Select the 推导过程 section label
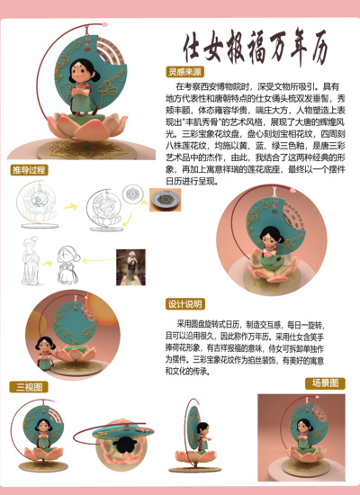pyautogui.click(x=30, y=170)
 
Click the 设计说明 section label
pyautogui.click(x=184, y=303)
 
